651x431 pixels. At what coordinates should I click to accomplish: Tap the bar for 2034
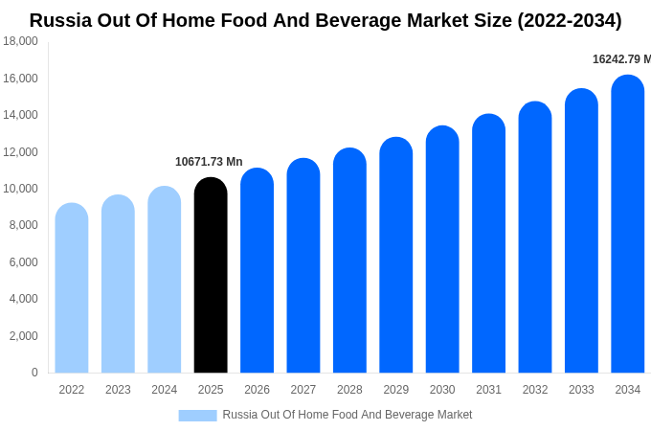(x=628, y=224)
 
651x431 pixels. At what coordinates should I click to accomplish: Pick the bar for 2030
(x=442, y=250)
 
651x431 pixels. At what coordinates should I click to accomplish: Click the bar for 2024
(x=165, y=280)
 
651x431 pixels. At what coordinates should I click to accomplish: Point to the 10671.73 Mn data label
(x=209, y=162)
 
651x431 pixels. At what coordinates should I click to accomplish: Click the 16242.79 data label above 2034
(x=621, y=59)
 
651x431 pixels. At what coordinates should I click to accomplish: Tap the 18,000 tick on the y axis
(x=20, y=41)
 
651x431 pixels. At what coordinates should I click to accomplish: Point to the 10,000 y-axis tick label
(x=20, y=189)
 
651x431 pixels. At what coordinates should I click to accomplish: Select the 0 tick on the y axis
(x=34, y=373)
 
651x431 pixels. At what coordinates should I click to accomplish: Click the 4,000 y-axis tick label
(x=23, y=299)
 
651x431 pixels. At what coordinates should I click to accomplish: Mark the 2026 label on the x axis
(x=257, y=390)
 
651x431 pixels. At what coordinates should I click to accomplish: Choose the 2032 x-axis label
(x=535, y=390)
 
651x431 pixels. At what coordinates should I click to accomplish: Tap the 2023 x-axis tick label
(x=118, y=390)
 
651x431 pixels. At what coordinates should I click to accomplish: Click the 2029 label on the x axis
(x=396, y=390)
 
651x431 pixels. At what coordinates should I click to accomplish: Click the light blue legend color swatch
(x=197, y=416)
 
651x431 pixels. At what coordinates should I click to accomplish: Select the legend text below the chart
(x=348, y=415)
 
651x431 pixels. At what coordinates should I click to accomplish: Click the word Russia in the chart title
(x=61, y=20)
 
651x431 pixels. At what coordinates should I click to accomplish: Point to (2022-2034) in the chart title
(x=569, y=20)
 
